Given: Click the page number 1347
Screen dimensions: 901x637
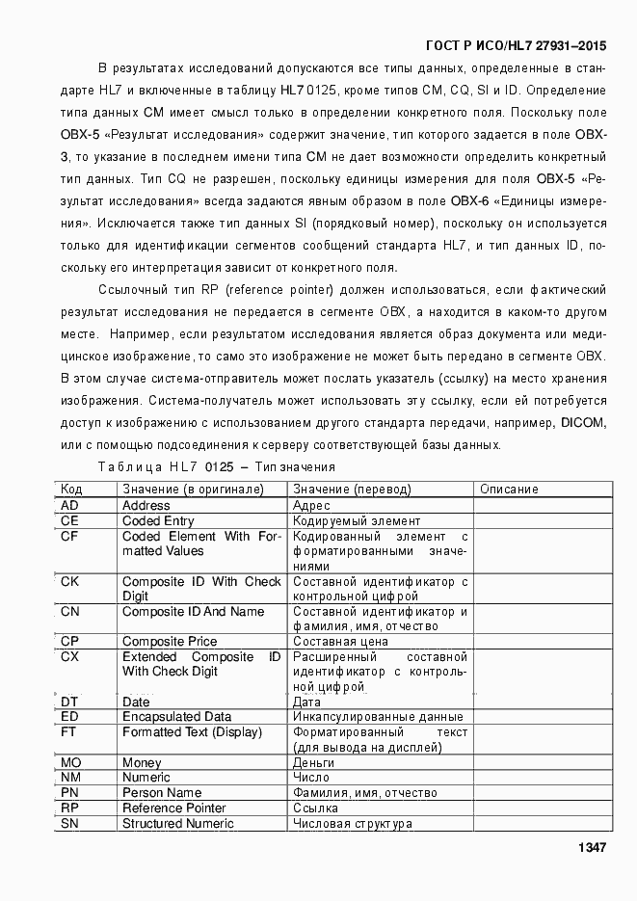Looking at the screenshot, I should [x=591, y=847].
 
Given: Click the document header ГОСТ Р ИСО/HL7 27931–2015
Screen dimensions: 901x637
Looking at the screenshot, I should [x=516, y=45].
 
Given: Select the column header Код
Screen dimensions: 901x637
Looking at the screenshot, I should [x=72, y=490].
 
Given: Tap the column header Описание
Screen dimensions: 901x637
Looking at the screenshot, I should [x=509, y=490].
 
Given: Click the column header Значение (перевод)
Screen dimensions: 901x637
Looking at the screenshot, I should [x=351, y=490].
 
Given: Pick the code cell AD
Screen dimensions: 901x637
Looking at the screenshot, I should [x=69, y=505].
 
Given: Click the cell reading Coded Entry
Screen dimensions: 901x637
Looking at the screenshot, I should [x=158, y=520].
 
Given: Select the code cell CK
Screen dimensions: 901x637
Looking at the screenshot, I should [x=70, y=581].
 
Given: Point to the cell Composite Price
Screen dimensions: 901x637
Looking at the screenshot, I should [x=170, y=641].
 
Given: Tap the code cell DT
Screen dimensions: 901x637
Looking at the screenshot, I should [x=69, y=702].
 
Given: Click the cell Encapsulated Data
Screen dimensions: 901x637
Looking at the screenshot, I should [x=176, y=717].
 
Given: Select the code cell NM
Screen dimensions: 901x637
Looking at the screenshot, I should [x=70, y=777].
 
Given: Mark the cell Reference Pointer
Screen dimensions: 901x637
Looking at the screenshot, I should [x=174, y=808].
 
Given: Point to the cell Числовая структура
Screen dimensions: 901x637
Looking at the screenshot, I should [x=353, y=823].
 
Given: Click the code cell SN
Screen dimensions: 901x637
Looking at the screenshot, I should [x=69, y=823].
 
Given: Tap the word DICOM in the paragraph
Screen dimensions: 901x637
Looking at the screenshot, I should [x=582, y=422].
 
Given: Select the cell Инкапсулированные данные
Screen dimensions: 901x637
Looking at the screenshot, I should [x=378, y=717].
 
